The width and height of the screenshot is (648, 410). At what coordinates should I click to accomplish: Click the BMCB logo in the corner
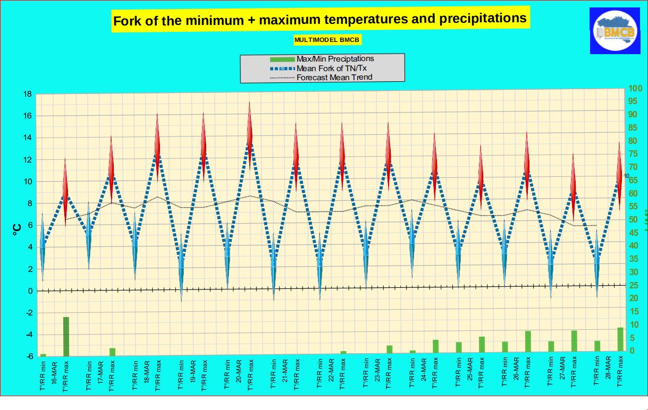tap(615, 30)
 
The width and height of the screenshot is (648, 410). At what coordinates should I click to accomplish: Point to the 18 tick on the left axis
tap(26, 95)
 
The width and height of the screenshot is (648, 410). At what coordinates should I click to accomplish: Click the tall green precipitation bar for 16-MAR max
tap(66, 336)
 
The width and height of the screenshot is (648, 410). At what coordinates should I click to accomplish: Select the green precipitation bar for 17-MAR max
tap(112, 352)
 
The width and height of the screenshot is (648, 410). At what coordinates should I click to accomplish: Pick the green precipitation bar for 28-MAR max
tap(620, 339)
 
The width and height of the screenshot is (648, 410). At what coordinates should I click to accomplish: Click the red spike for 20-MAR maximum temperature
tap(250, 138)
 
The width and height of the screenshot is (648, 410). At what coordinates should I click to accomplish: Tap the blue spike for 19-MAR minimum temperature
tap(181, 268)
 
